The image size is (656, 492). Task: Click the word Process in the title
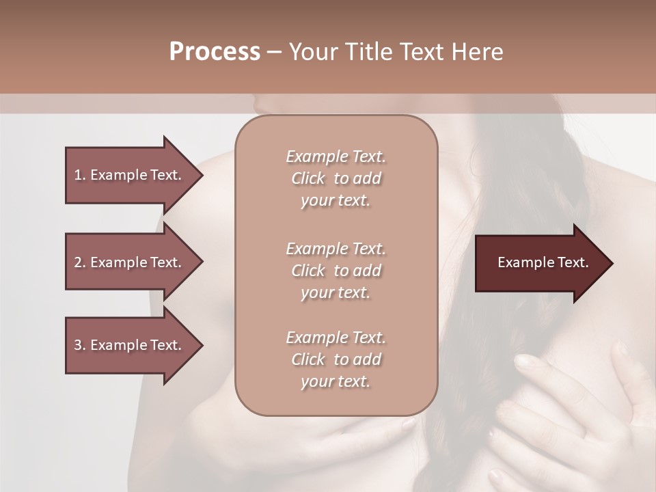click(x=215, y=52)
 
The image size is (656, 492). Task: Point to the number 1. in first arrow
click(x=79, y=175)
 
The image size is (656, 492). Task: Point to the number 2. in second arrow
click(x=79, y=262)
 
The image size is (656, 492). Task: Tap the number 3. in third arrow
click(x=79, y=345)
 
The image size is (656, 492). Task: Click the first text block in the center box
click(x=336, y=178)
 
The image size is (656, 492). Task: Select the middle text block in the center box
click(x=336, y=271)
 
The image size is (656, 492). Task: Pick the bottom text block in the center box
click(x=336, y=359)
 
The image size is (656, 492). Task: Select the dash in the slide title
click(x=274, y=52)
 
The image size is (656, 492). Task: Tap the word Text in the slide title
click(x=419, y=52)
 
